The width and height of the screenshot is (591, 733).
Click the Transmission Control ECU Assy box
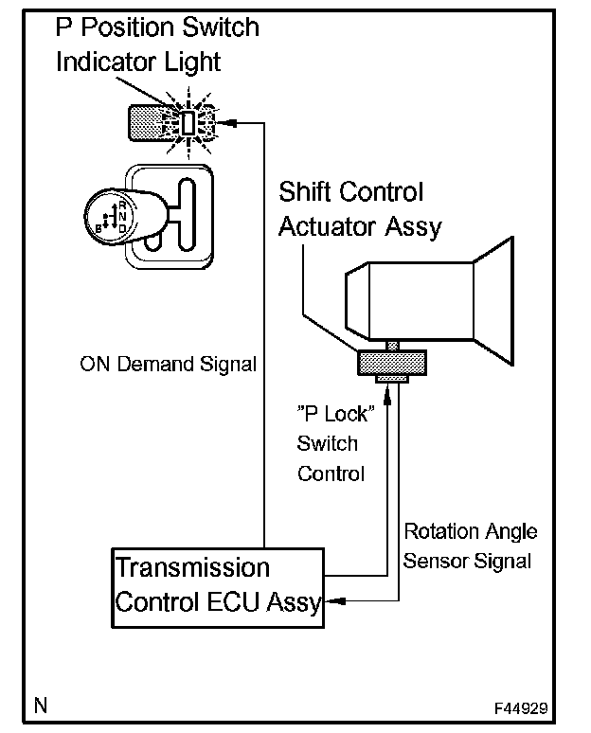point(218,588)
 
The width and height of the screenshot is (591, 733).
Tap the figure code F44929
point(521,708)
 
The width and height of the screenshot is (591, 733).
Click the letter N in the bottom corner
point(41,705)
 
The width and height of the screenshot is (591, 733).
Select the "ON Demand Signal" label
point(169,365)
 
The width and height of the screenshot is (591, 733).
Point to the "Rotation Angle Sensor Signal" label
point(470,546)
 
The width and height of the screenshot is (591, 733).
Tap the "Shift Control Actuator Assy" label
point(360,210)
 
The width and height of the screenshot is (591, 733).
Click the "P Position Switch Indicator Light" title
point(157,45)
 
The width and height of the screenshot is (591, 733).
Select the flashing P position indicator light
point(188,123)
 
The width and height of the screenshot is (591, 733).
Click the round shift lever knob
point(111,216)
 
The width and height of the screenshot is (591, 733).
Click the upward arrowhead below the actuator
point(387,396)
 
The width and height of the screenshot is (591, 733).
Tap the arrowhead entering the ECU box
point(335,601)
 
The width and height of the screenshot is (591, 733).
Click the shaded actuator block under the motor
point(392,363)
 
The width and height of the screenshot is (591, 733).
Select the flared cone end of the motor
point(493,301)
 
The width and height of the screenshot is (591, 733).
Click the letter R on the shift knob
point(122,205)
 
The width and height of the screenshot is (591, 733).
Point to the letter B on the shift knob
point(98,228)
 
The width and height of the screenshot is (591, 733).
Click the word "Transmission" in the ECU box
point(192,568)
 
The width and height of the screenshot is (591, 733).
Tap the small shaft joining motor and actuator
point(393,346)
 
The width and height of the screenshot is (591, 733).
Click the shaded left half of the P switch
point(146,123)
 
